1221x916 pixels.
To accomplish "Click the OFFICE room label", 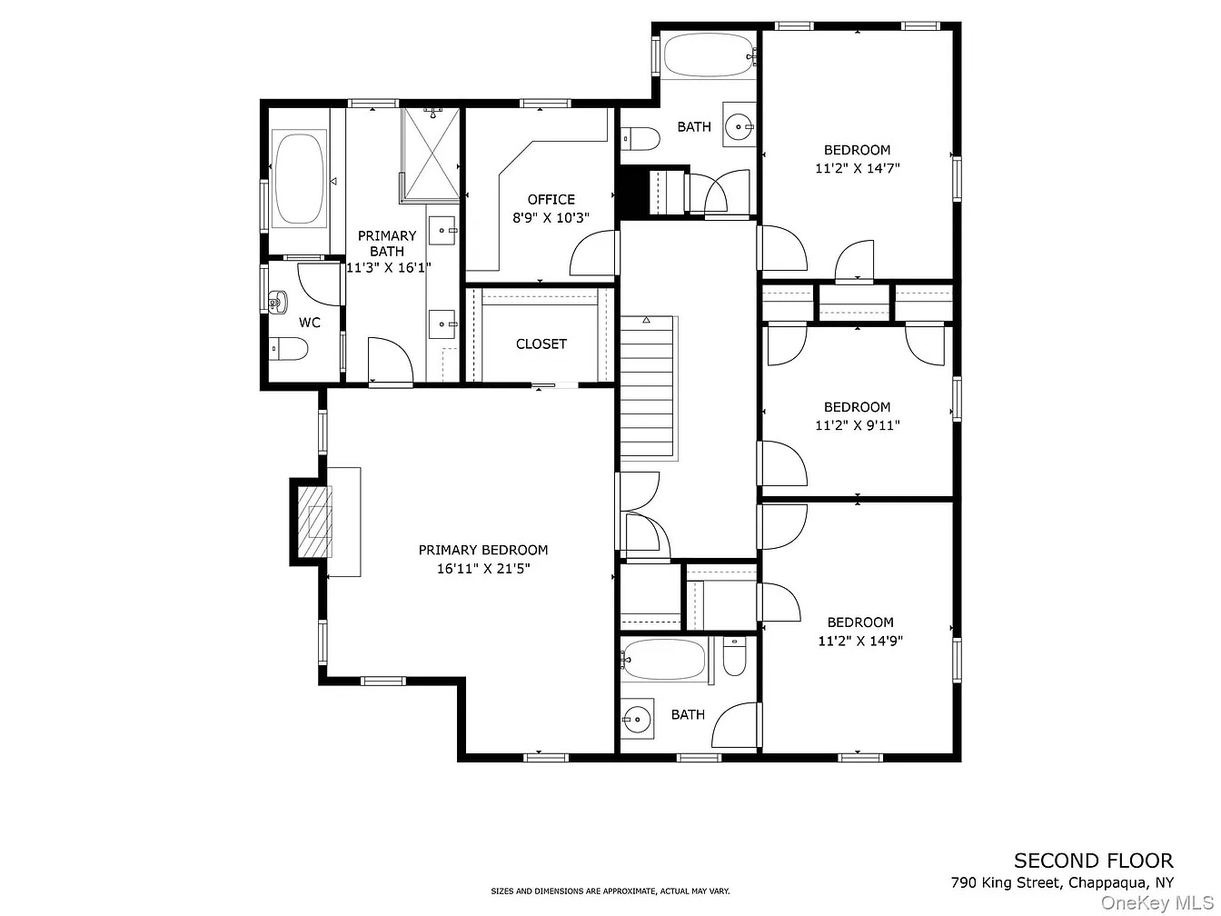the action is tap(551, 199).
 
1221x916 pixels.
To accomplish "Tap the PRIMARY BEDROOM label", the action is tap(482, 550).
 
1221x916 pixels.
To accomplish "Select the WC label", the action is tap(309, 323).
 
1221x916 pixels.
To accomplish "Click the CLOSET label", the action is tap(541, 344).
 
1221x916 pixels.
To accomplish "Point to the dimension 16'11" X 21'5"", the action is tap(482, 568).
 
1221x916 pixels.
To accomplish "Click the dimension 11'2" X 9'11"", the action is tap(858, 425).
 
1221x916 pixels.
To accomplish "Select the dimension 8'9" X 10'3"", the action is tap(551, 217).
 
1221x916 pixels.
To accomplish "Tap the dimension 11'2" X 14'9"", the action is tap(860, 641).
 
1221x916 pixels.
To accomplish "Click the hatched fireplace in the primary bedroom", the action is tap(315, 522).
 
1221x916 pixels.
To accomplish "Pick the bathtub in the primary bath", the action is tap(299, 178).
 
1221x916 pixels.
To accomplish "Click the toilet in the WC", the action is tap(289, 349).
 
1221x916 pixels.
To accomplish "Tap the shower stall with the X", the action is tap(432, 154).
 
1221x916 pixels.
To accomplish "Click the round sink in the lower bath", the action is tap(638, 719).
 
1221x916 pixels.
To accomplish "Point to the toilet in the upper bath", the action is tap(640, 138).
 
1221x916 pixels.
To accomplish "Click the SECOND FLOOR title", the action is tap(1093, 861).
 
